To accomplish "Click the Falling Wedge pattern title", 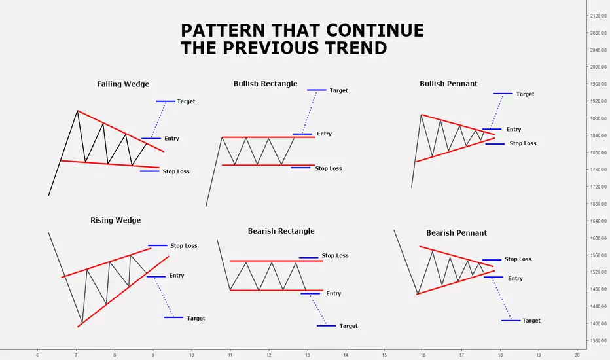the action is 123,84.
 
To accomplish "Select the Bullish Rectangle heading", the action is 265,84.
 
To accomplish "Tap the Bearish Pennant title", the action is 456,233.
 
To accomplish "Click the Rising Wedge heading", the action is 116,221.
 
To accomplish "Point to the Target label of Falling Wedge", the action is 186,101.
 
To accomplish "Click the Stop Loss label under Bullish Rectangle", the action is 329,168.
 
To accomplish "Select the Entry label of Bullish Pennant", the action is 514,129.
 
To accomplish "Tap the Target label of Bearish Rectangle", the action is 348,326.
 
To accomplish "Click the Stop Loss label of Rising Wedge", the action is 184,246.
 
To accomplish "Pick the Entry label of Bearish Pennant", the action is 515,279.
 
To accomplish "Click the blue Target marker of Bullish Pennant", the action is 503,94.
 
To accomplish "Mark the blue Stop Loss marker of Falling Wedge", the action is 150,171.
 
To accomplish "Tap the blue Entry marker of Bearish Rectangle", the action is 310,293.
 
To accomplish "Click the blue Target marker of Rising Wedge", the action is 173,317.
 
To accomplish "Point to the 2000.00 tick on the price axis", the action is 598,67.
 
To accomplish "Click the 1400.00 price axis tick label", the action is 598,323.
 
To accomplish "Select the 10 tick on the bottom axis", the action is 191,355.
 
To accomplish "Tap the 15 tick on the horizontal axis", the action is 384,355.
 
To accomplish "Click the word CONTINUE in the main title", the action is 375,30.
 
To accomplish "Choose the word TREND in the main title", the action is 355,48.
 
